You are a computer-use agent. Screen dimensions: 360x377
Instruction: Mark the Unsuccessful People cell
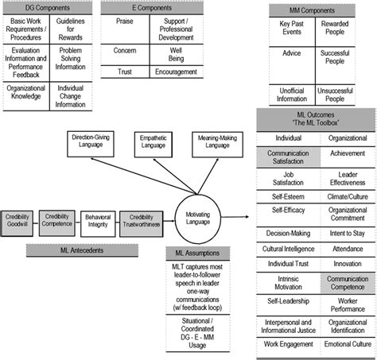[x=336, y=95]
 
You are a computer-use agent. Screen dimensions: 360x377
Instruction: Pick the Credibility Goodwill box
[x=17, y=219]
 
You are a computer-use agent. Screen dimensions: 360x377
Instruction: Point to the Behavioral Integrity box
[x=97, y=219]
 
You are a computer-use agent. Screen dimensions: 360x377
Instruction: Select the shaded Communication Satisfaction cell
[x=289, y=155]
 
